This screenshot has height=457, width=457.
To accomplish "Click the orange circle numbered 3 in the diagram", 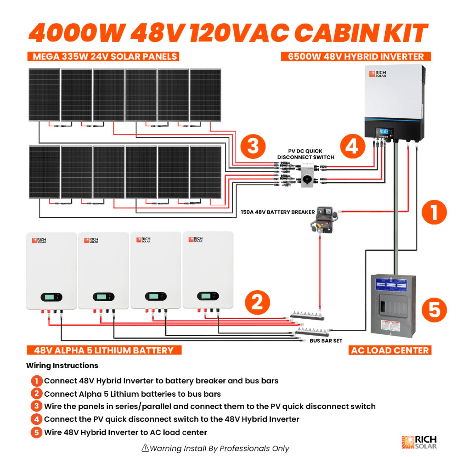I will click(x=253, y=146).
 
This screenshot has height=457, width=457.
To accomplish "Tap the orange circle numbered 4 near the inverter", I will click(x=352, y=146).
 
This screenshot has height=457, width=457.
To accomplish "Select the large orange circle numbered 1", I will click(x=434, y=212).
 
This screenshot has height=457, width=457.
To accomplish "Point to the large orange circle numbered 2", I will click(x=257, y=302).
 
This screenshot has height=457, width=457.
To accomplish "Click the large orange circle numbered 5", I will click(x=434, y=310).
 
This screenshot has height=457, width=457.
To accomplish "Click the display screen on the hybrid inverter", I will click(x=384, y=132).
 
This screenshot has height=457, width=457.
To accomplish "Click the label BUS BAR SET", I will click(x=326, y=341).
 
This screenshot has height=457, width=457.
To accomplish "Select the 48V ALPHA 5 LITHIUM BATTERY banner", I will click(x=104, y=350).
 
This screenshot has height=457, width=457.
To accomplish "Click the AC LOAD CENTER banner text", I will click(x=390, y=350).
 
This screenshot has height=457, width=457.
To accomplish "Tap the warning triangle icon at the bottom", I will click(x=145, y=448).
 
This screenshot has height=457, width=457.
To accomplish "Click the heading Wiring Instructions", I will click(x=62, y=366).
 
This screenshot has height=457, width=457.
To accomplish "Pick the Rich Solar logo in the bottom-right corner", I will click(x=419, y=442).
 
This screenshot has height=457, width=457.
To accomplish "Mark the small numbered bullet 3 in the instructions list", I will click(x=37, y=406).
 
